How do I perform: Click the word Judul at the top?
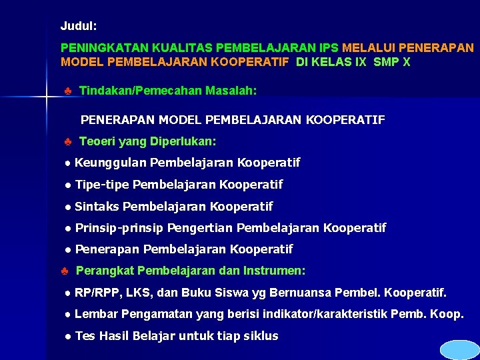click(x=78, y=26)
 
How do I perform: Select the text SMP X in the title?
click(x=392, y=62)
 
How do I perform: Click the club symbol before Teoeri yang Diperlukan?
click(x=68, y=142)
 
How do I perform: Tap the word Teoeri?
click(x=98, y=142)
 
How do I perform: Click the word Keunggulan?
click(x=111, y=163)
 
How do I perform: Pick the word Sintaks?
click(x=97, y=207)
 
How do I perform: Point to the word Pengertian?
click(x=200, y=228)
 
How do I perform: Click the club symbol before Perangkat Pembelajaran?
click(x=64, y=271)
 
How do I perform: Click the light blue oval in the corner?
click(x=460, y=350)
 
